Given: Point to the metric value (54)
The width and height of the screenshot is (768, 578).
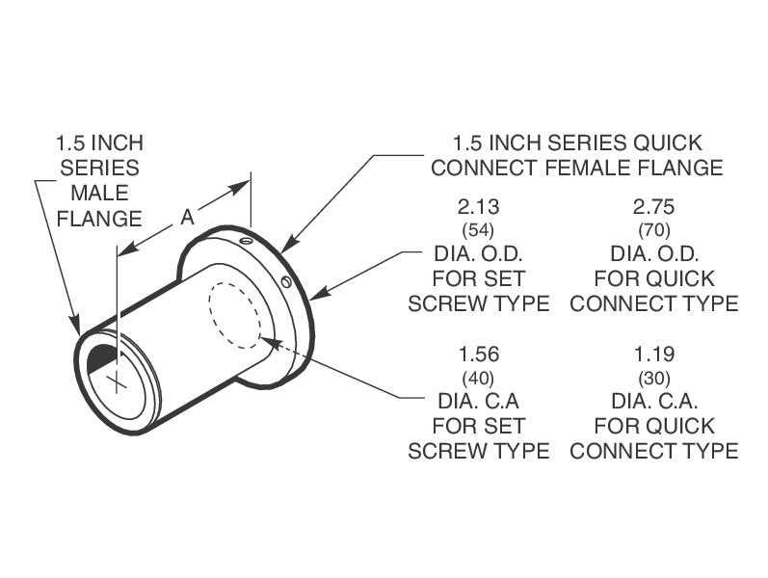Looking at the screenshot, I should pos(479,230).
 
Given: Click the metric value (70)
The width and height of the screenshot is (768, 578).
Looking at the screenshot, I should pos(654,230).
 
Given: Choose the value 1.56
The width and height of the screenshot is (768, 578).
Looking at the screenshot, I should pos(479,355).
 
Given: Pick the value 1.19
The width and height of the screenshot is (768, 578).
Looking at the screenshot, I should pos(654,355).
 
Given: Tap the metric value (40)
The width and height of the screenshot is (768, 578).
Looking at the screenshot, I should pos(479,377).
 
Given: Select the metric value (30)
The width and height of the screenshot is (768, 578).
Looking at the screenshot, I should pos(654,377).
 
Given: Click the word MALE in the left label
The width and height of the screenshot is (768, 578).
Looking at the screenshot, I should pos(99,193).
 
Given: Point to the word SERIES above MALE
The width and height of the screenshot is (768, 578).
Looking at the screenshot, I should pos(99,168).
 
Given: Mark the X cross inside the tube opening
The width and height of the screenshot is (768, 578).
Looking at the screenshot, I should pos(117,380).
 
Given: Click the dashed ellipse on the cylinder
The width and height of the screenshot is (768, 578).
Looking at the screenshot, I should pos(235,314).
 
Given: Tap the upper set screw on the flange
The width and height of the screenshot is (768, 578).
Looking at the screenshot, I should pos(247,241).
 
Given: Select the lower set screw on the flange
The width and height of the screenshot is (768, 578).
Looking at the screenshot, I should pos(287,281).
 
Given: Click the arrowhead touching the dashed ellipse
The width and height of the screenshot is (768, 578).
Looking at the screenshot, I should pos(266,339).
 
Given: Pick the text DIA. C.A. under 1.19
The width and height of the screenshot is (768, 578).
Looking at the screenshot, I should pos(654,400).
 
